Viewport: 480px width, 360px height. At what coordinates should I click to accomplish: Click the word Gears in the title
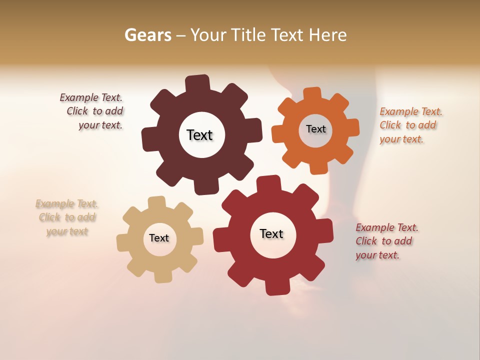[147, 35]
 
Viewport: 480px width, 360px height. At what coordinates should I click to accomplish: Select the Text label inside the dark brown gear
[199, 135]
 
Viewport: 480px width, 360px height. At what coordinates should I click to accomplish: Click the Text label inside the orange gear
[315, 129]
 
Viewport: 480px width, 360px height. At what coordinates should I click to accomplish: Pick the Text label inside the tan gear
[159, 238]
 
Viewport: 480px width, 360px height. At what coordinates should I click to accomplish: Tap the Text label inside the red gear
[271, 234]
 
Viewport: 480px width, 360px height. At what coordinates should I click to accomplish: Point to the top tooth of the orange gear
[312, 94]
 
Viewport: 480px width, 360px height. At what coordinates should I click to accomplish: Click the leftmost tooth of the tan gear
[123, 242]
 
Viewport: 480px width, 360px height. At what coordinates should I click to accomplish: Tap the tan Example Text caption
[67, 217]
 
